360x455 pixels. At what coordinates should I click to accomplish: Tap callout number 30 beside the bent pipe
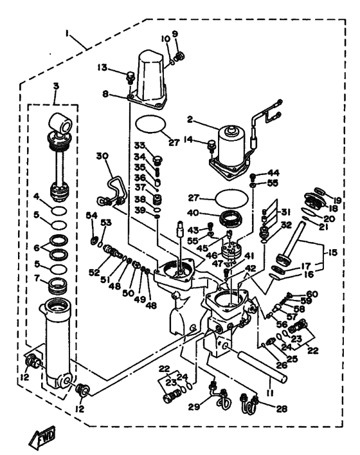coord(102,156)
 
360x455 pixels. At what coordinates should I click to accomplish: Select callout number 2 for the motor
coord(190,119)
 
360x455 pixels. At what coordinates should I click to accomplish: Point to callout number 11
coord(271,393)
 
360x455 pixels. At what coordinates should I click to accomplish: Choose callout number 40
coord(193,213)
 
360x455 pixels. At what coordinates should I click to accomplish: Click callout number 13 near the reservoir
coord(102,68)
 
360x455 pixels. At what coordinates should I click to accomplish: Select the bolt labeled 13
coord(130,78)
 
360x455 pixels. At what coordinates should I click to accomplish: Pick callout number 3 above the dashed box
coord(56,86)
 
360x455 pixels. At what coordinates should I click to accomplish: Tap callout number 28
coord(281,409)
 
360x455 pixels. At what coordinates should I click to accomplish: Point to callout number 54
coord(91,216)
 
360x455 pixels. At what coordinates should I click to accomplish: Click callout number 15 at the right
coord(332,252)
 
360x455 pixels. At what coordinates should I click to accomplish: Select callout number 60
coord(312,294)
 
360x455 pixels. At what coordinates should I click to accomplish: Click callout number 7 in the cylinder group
coord(37,278)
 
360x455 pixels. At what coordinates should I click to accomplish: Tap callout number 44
coord(273,173)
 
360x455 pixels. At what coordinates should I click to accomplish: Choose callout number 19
coord(337,200)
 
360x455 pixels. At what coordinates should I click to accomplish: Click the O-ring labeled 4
coord(60,211)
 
